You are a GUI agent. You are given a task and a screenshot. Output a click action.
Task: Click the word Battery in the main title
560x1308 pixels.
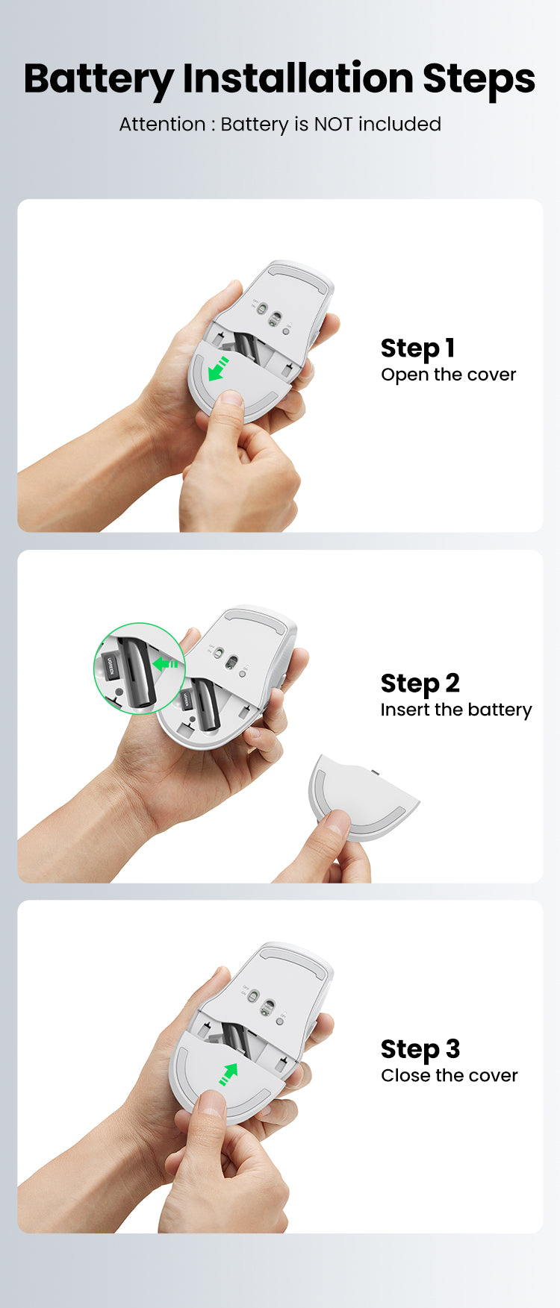click(x=99, y=79)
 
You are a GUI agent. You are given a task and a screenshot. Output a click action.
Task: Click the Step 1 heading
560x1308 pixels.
click(x=417, y=348)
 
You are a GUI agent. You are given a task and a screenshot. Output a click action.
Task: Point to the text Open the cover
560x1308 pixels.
click(x=448, y=375)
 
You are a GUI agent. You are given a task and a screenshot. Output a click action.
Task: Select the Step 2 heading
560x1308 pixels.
click(x=420, y=683)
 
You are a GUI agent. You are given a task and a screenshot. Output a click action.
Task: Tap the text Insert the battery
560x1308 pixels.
click(x=455, y=710)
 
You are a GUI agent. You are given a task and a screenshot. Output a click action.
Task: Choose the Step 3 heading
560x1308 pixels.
click(x=420, y=1048)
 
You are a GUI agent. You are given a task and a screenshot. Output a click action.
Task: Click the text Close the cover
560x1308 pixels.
click(x=449, y=1075)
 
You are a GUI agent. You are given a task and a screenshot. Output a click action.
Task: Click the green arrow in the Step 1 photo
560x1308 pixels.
click(x=218, y=369)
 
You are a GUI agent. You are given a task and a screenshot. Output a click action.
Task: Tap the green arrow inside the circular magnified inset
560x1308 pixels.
click(x=164, y=663)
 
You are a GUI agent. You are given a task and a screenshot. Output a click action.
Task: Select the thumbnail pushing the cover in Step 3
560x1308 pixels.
click(x=211, y=1102)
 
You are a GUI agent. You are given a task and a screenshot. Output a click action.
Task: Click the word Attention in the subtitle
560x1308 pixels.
click(x=162, y=124)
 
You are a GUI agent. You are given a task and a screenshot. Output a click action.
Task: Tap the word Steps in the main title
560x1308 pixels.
click(x=479, y=79)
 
